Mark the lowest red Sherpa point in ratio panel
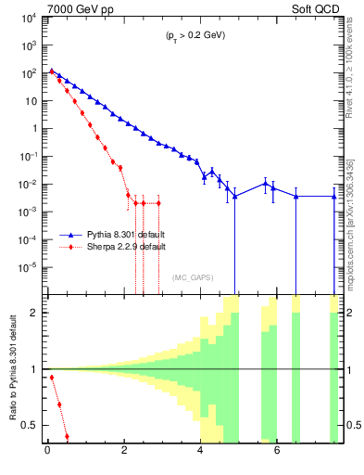[x=67, y=436]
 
